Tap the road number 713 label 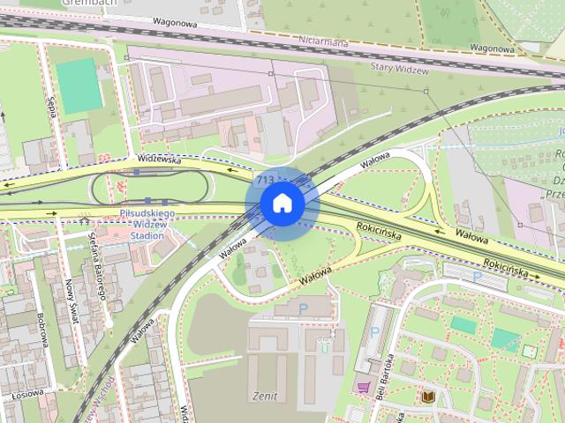[x=263, y=179]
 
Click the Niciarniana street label [x=323, y=41]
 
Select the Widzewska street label [x=159, y=160]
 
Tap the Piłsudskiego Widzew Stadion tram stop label [x=147, y=225]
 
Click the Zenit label [x=264, y=396]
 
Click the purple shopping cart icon [x=363, y=386]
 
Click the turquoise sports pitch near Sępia [x=79, y=86]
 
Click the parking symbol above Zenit [x=305, y=308]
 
